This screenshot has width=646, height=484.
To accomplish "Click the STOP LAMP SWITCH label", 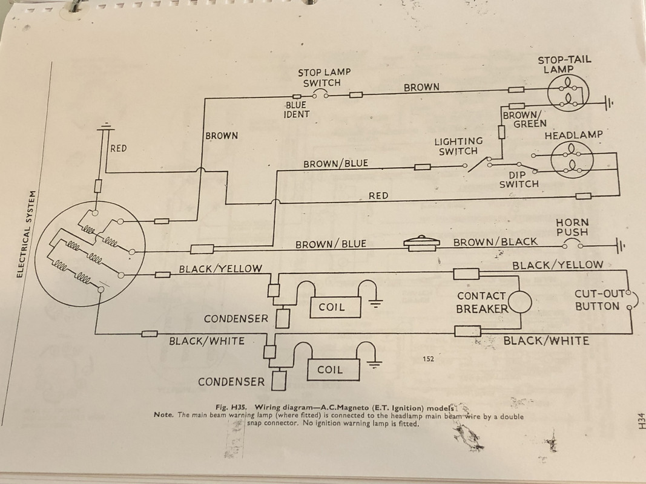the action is click(324, 78).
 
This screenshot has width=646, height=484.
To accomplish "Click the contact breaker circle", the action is click(520, 302).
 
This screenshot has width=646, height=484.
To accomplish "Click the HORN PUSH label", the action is click(572, 227).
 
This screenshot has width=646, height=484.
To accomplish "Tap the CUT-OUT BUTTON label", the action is click(599, 300).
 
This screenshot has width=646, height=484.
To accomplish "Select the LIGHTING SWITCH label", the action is click(458, 146).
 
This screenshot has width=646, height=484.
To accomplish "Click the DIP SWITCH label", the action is click(519, 180).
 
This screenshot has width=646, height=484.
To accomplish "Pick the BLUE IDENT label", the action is click(296, 110).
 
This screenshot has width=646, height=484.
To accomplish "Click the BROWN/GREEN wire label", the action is click(524, 119).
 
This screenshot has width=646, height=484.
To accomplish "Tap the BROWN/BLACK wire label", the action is click(495, 242).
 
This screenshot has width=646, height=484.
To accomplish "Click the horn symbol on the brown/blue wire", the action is click(421, 244).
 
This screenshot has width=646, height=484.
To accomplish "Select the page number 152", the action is click(428, 359).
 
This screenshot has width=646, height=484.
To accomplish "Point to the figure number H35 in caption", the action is click(238, 407).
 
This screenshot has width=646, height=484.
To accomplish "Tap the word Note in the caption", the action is click(163, 414).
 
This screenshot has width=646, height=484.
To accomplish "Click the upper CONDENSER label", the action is click(236, 319).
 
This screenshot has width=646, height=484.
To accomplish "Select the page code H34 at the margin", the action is click(641, 420).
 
